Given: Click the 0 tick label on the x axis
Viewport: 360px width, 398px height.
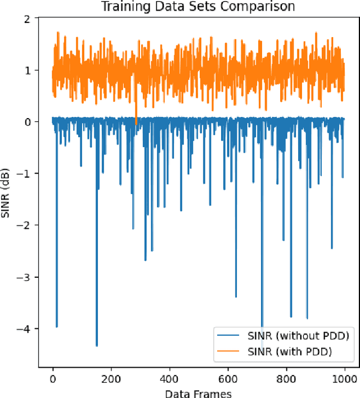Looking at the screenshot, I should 53,378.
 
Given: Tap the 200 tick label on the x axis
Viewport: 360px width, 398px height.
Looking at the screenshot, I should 111,378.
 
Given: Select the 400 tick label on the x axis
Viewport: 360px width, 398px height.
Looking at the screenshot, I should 170,378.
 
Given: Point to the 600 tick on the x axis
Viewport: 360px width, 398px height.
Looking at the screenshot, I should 228,378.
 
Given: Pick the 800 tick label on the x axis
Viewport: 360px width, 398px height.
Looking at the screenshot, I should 287,378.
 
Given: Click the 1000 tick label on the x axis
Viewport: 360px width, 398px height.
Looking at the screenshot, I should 345,378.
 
